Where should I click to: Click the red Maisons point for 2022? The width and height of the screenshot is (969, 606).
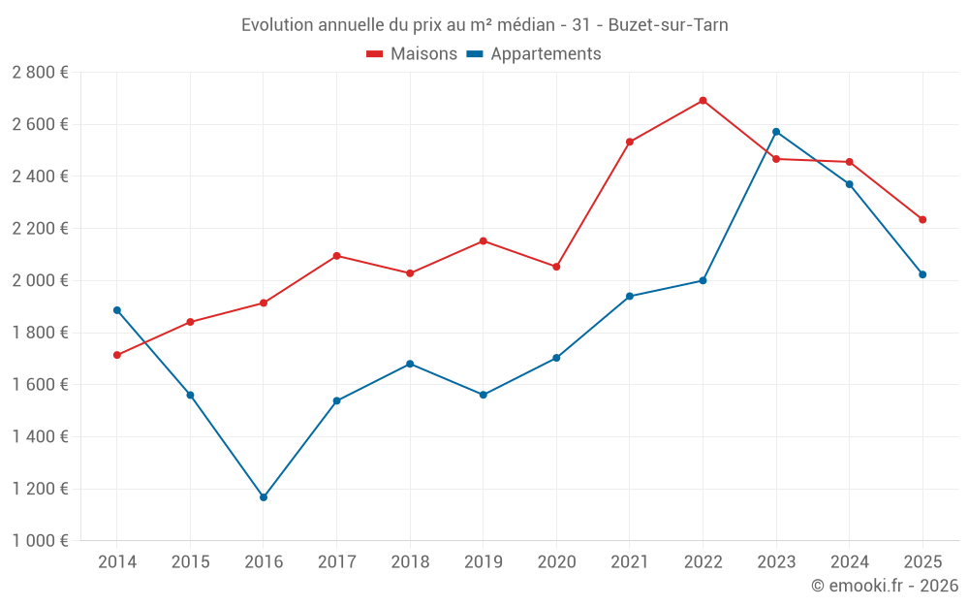(x=703, y=101)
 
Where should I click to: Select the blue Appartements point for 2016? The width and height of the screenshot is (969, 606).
(x=264, y=497)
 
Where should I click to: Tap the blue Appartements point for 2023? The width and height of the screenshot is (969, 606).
(x=776, y=132)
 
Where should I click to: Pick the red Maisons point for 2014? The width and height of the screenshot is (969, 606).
(x=117, y=355)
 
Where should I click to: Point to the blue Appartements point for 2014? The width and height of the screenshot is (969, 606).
(x=117, y=310)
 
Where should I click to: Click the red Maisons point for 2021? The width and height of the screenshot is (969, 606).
(x=630, y=142)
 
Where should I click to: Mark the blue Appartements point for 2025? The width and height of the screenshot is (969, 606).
(x=922, y=274)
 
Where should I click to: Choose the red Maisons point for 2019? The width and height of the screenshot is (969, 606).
(x=484, y=241)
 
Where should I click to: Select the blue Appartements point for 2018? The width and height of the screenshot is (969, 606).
(x=410, y=364)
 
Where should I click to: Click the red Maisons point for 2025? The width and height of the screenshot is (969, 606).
(x=922, y=220)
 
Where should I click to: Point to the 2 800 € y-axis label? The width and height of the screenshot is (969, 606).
(x=40, y=73)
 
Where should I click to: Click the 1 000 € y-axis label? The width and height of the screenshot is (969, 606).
(x=40, y=541)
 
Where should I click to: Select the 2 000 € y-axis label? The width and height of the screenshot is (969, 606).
(x=40, y=281)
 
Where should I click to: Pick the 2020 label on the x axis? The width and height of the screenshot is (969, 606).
(x=556, y=562)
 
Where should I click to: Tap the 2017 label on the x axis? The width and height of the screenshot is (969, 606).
(x=336, y=562)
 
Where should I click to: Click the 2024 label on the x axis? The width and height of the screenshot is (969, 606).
(x=850, y=562)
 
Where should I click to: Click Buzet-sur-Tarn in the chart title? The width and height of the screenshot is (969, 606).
(x=668, y=25)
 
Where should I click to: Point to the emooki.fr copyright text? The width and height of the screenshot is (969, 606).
(x=885, y=586)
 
